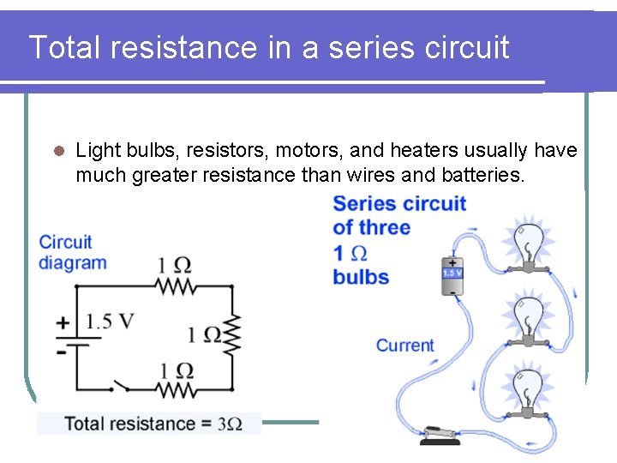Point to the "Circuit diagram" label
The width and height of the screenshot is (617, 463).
(73, 252)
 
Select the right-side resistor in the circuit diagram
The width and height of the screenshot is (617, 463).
(232, 334)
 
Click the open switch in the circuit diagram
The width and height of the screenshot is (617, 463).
(119, 387)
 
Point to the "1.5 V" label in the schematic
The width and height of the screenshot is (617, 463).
(111, 322)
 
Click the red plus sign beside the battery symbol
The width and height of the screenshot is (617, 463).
(63, 323)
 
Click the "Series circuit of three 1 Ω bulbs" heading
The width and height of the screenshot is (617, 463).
(399, 240)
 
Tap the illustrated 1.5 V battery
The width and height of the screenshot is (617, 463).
(452, 276)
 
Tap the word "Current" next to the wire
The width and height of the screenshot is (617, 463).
(405, 346)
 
